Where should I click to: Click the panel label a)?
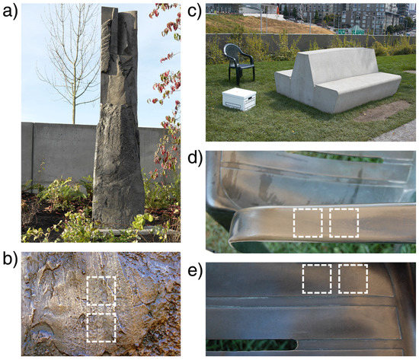pos(10,12)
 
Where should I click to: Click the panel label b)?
pos(10,259)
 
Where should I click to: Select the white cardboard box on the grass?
pos(239,99)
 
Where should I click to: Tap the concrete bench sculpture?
pos(338,80)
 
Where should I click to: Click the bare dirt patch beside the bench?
pos(382,110)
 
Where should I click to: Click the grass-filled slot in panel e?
pos(251,345)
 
